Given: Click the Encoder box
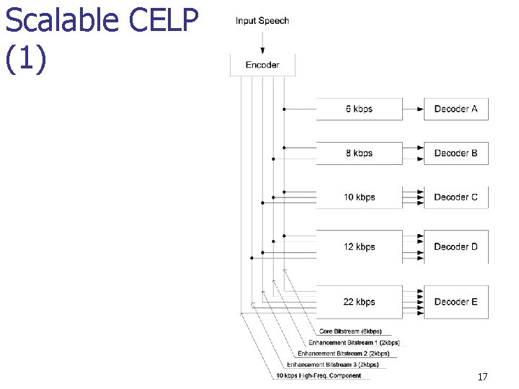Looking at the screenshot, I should (x=262, y=65).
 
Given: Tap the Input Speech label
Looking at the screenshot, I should (x=262, y=20).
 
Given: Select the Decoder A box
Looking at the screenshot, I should (x=456, y=109).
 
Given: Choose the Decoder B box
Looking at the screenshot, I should (x=456, y=153).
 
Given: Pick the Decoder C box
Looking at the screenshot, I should (x=456, y=197).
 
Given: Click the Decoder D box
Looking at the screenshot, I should (x=456, y=246).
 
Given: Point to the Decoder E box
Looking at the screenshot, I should (x=456, y=302).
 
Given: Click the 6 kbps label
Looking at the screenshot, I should (x=359, y=109).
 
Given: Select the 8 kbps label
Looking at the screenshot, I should (x=359, y=153).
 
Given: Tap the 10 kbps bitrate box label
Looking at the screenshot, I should (x=359, y=197).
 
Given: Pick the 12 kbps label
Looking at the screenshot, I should (x=359, y=246).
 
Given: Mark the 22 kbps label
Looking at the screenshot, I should (x=359, y=302).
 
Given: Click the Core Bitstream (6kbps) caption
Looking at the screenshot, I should (x=350, y=331).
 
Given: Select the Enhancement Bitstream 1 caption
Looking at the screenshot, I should (x=354, y=343).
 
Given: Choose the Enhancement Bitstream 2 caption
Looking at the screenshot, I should (x=343, y=354).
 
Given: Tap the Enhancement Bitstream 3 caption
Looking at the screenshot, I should (x=332, y=365).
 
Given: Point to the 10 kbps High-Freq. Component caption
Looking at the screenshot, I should (x=319, y=375).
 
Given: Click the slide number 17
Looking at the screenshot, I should (x=482, y=377).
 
